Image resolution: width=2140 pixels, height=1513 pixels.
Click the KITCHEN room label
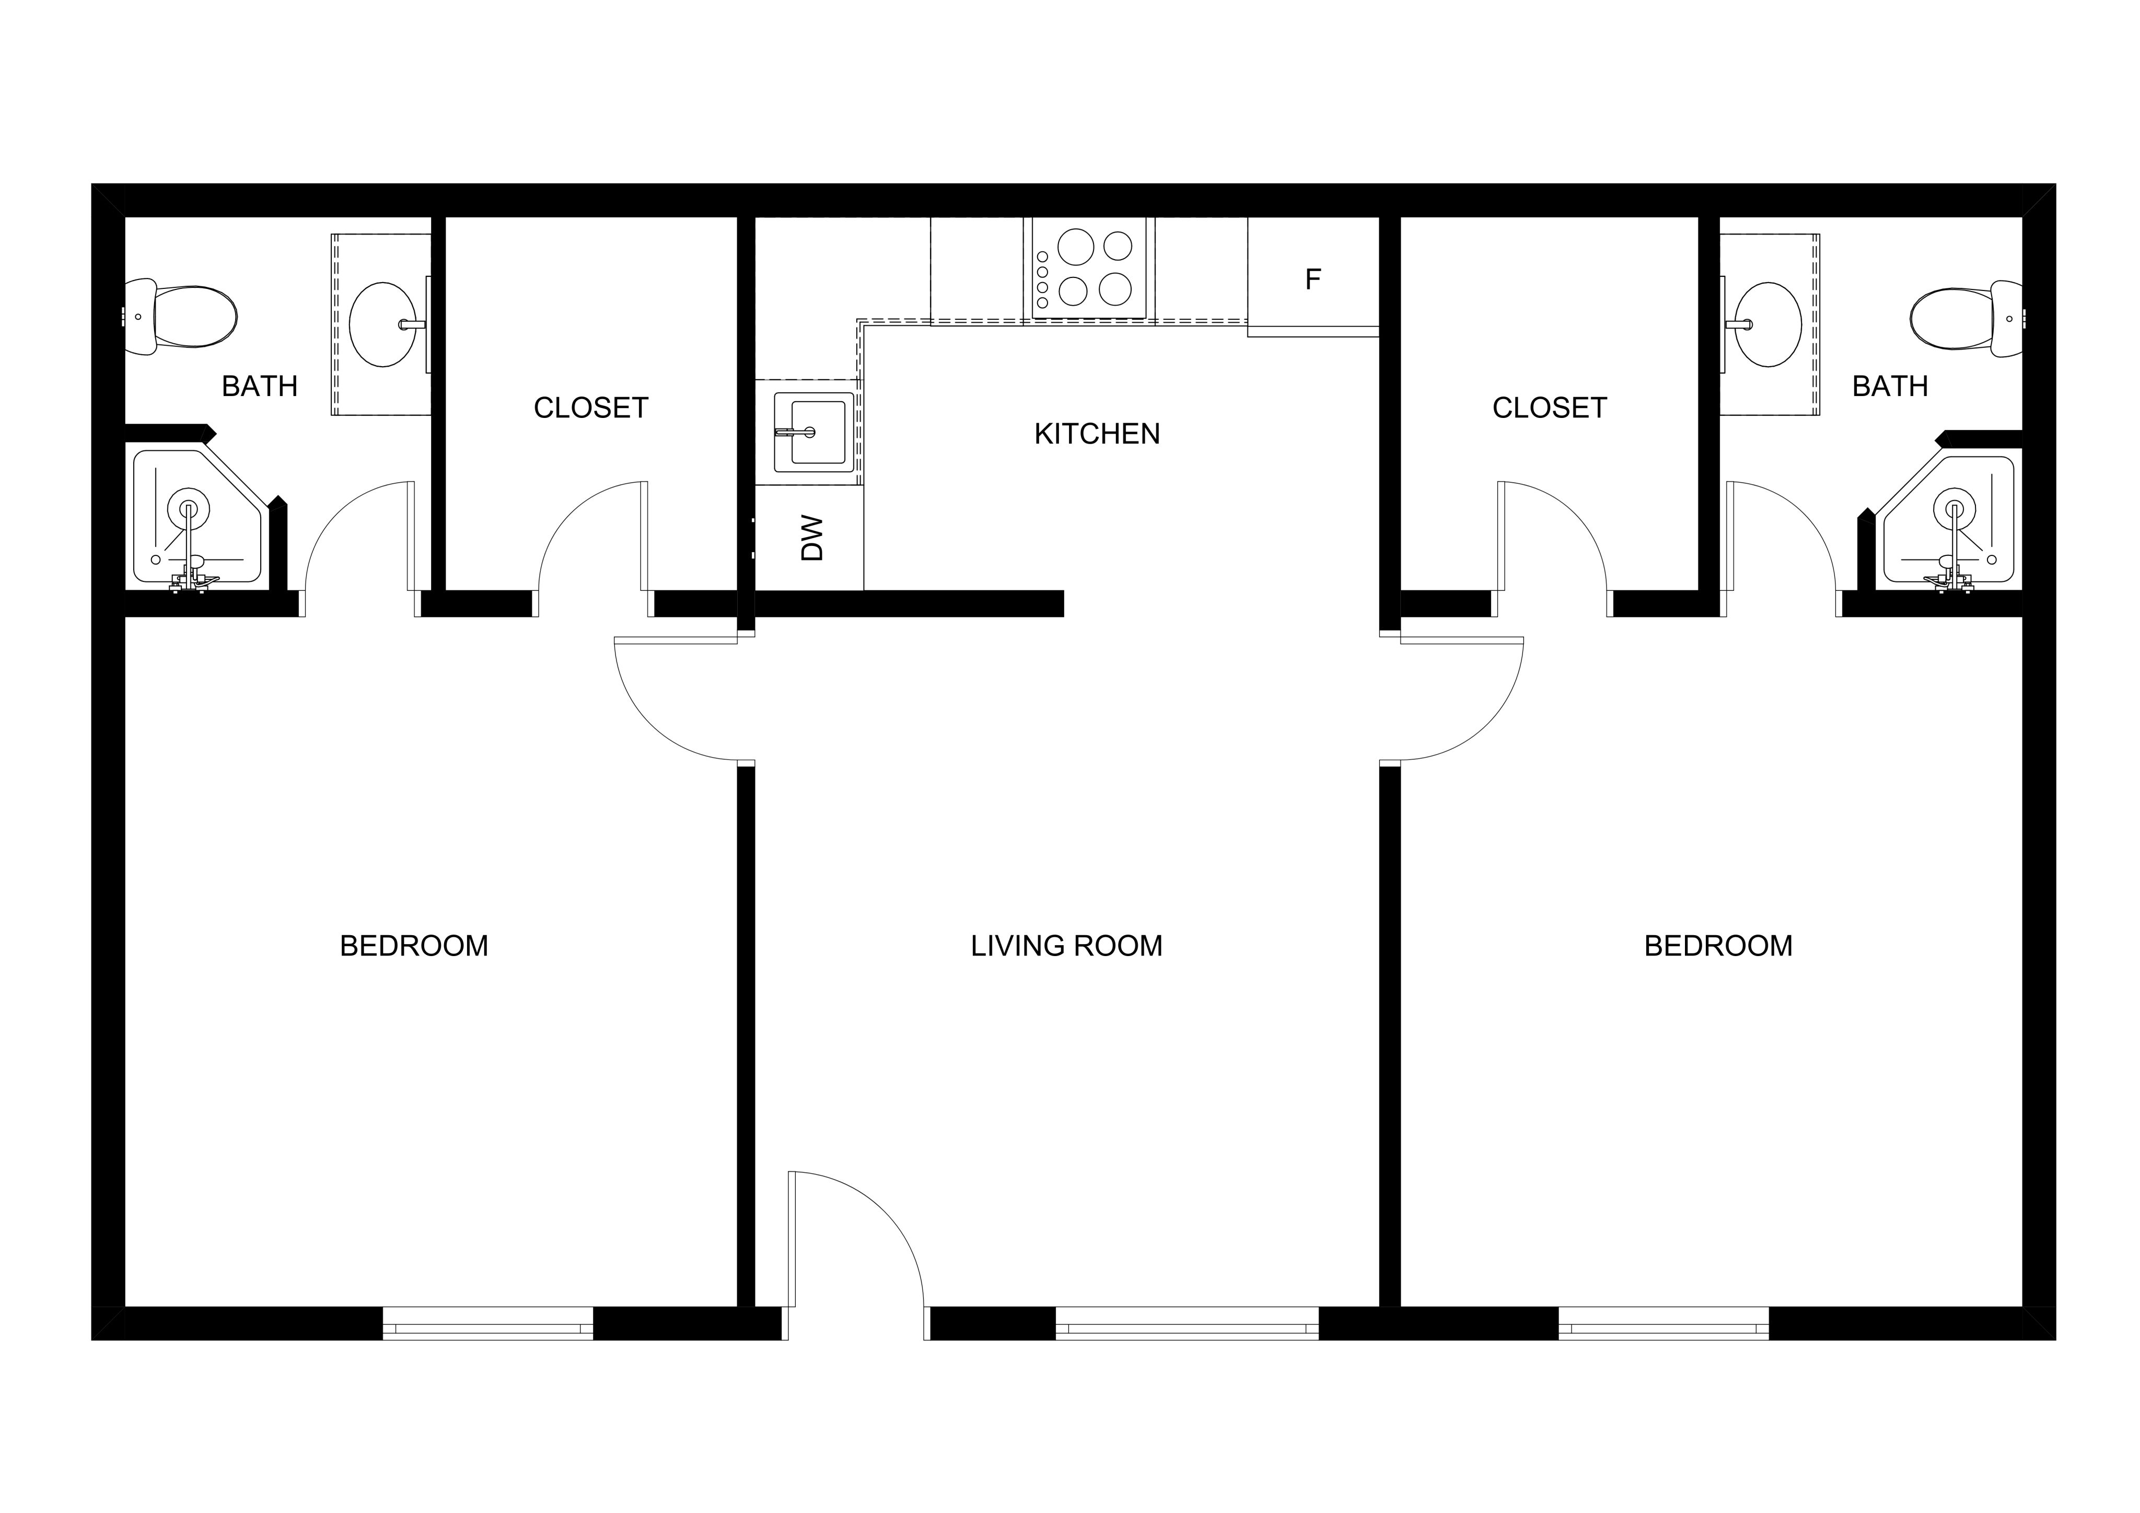[x=1097, y=434]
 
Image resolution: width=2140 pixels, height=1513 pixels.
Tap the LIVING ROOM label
[x=1066, y=946]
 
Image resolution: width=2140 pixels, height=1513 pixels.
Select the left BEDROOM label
[x=414, y=946]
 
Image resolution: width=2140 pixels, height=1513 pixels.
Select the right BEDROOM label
[x=1718, y=946]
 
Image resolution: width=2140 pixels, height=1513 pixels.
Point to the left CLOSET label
[x=591, y=408]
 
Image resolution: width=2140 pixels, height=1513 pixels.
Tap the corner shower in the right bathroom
[x=1948, y=522]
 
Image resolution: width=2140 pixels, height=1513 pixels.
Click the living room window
[x=1187, y=1324]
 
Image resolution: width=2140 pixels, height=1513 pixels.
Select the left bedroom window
[x=487, y=1324]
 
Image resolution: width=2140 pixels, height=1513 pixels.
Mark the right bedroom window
[x=1664, y=1324]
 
